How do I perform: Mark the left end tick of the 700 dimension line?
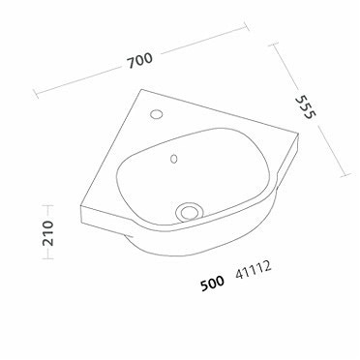pos(35,93)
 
